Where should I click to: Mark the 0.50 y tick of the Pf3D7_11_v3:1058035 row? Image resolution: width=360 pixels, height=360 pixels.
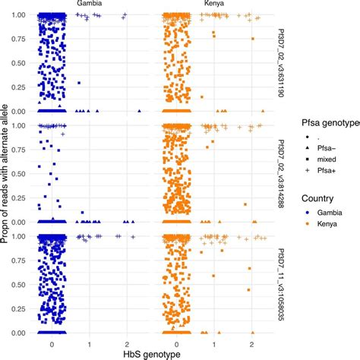click(x=17, y=284)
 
